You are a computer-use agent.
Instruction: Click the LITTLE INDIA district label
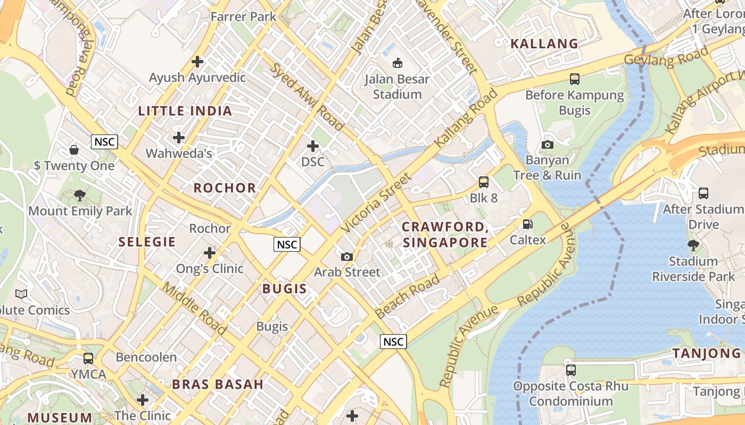pos(185,111)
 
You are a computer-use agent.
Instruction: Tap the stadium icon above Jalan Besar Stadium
pos(397,63)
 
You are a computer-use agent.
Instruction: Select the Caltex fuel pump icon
pos(527,224)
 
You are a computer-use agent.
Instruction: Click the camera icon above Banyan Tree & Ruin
pos(547,144)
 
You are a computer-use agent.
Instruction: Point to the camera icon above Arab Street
pos(347,257)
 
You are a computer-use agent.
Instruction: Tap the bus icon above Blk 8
pos(483,182)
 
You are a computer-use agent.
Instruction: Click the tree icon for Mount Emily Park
pos(80,195)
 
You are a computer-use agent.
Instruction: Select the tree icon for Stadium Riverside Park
pos(693,245)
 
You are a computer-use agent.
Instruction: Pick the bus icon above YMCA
pos(88,359)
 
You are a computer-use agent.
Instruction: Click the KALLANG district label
pos(544,44)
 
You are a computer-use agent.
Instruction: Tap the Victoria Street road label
pos(376,203)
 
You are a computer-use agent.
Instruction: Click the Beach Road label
pos(407,296)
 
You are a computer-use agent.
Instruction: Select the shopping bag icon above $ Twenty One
pos(74,150)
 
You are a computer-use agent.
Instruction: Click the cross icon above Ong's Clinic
pos(210,253)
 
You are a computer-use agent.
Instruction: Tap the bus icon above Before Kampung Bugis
pos(574,79)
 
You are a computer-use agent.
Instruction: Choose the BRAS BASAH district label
pos(218,385)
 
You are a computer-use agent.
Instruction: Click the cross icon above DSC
pos(313,146)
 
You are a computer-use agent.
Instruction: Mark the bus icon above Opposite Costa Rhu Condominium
pos(570,370)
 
